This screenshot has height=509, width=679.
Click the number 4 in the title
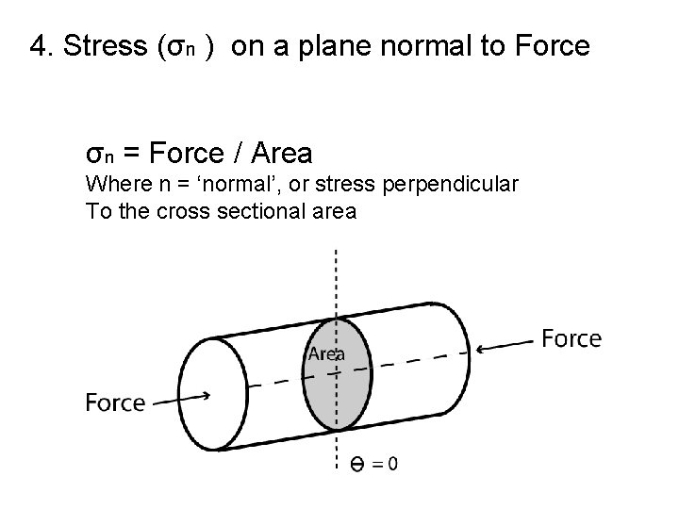click(38, 45)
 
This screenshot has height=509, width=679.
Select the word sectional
click(271, 211)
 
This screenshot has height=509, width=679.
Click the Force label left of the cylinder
click(116, 403)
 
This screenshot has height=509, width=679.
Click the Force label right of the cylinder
click(571, 338)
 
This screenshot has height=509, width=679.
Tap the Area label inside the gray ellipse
click(326, 353)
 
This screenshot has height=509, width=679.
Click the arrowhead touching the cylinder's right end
click(478, 348)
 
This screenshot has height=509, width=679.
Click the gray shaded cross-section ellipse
click(337, 386)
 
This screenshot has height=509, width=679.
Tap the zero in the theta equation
click(391, 464)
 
